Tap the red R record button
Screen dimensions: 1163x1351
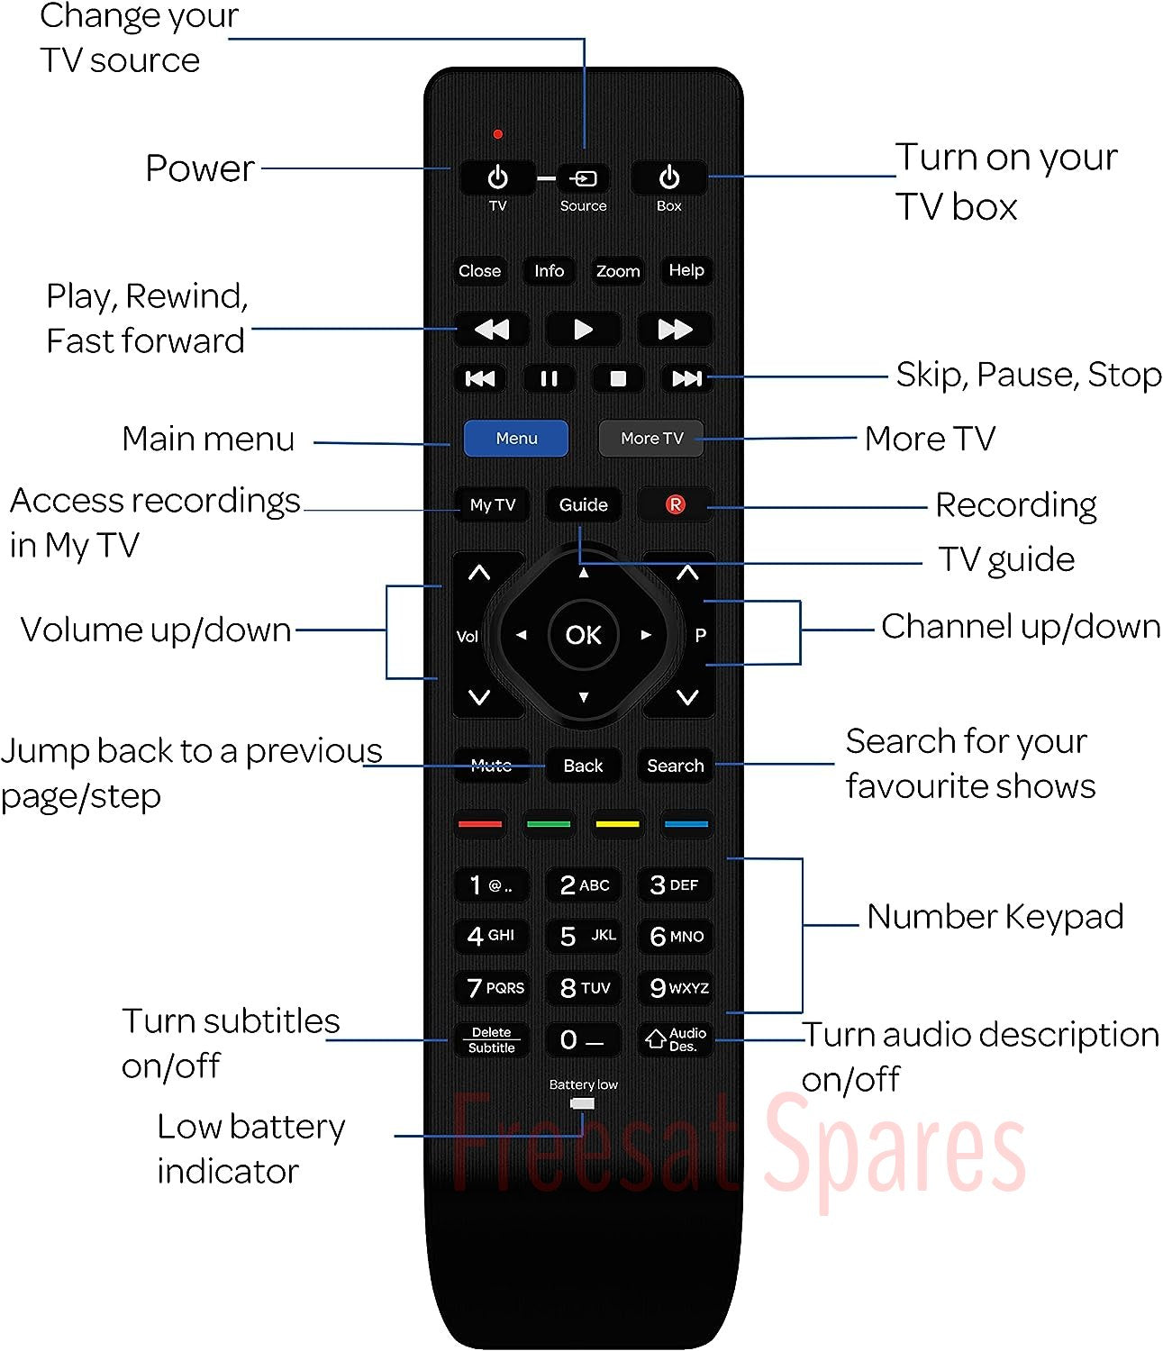tap(675, 504)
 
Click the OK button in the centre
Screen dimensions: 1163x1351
tap(583, 635)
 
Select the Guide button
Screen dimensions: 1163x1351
tap(583, 504)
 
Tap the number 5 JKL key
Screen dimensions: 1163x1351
tap(583, 936)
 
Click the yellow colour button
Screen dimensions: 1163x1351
tap(617, 824)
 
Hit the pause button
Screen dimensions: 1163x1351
tap(550, 378)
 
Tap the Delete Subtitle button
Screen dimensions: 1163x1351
tap(492, 1039)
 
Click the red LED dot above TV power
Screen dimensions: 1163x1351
tap(497, 134)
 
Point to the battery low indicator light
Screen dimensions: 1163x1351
tap(583, 1103)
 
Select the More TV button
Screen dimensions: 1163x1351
tap(651, 438)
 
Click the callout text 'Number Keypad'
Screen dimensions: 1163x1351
tap(995, 916)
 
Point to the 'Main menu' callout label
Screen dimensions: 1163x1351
tap(208, 439)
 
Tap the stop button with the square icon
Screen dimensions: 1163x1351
tap(618, 378)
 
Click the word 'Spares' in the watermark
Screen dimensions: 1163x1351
tap(895, 1152)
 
